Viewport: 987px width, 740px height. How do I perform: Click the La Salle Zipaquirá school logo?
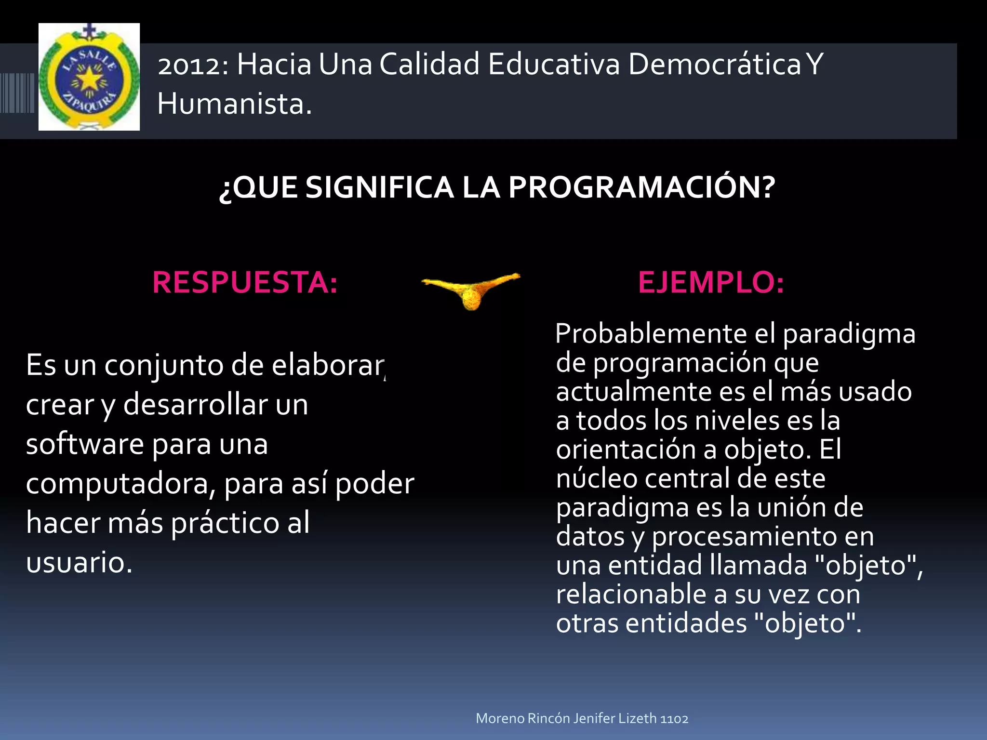[x=89, y=77]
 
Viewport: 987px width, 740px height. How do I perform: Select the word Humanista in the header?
[x=234, y=104]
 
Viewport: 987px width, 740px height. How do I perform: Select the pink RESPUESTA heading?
[x=245, y=282]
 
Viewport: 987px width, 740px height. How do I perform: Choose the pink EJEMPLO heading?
[x=711, y=282]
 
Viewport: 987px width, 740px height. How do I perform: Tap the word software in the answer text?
[x=85, y=444]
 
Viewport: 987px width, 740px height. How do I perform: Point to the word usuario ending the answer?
[x=79, y=562]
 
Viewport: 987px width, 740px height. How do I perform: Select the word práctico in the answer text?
[x=225, y=523]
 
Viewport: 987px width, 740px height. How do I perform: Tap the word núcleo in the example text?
[x=597, y=478]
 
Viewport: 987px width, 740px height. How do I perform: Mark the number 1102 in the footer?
[x=674, y=718]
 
